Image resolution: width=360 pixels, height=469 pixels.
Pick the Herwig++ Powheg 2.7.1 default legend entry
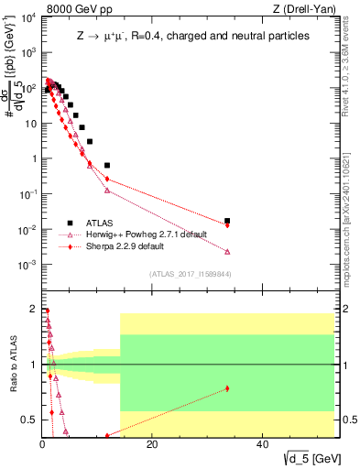[x=137, y=234]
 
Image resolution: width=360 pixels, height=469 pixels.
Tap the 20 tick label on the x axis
[x=152, y=446]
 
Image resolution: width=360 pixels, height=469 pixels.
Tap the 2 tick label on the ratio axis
[x=32, y=309]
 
